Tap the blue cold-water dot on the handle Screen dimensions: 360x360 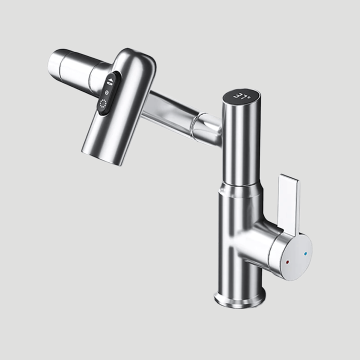(306, 253)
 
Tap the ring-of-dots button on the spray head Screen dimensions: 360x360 (103, 104)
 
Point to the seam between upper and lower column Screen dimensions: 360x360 (239, 186)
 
